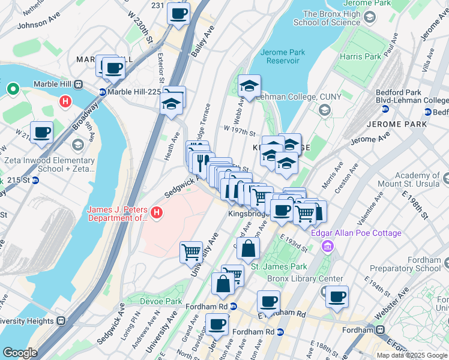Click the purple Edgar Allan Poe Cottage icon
tap(327, 245)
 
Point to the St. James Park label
tap(279, 266)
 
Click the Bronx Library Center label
tap(305, 279)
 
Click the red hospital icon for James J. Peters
tap(157, 212)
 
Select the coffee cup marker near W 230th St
tap(178, 13)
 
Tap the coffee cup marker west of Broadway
tap(41, 132)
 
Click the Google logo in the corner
tap(20, 352)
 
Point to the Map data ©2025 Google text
tap(412, 355)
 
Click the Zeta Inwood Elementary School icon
tap(77, 145)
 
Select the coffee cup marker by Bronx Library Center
tap(337, 296)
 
